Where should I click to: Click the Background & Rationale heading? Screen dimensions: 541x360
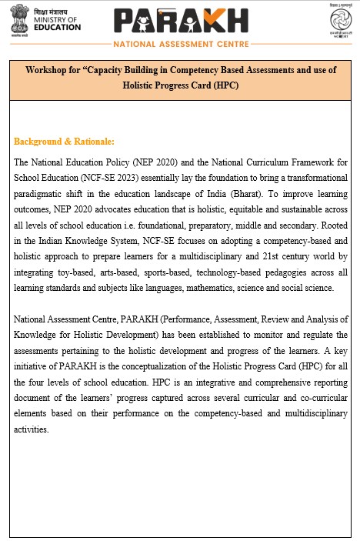tap(64, 142)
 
